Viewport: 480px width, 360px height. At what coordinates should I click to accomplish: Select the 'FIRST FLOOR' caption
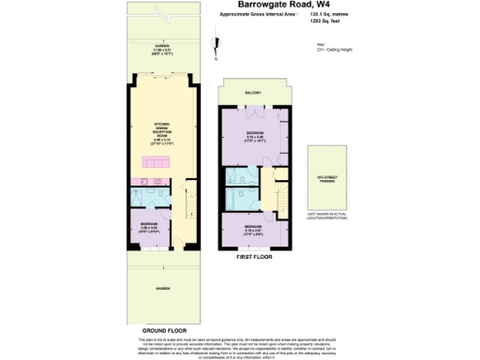(x=256, y=255)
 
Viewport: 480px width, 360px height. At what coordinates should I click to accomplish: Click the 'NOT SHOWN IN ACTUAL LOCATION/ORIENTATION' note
(x=326, y=217)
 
